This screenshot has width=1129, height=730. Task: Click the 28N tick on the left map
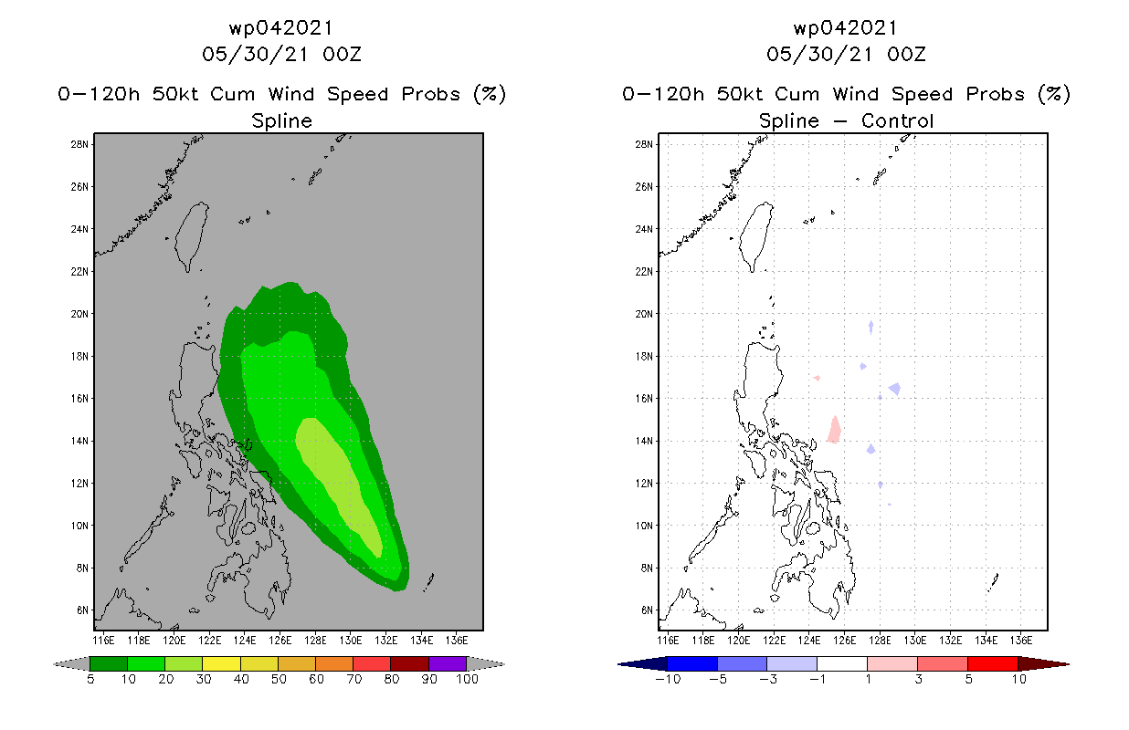[x=80, y=144]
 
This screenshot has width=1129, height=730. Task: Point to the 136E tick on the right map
[x=1019, y=639]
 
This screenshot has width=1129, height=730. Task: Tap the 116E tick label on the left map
[x=103, y=639]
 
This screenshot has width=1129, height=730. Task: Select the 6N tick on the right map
[x=645, y=610]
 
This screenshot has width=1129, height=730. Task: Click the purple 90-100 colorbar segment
[x=448, y=663]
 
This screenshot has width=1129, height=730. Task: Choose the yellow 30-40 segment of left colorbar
[x=221, y=663]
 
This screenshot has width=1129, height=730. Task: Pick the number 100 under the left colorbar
[x=467, y=679]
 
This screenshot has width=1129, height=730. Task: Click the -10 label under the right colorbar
[x=667, y=679]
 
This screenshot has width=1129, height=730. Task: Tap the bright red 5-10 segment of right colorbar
[x=992, y=663]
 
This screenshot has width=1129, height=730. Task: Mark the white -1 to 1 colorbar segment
[x=841, y=663]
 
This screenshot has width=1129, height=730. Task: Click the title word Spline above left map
[x=281, y=120]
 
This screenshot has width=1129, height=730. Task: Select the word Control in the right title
[x=895, y=120]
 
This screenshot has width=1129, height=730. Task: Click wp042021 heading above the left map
[x=281, y=28]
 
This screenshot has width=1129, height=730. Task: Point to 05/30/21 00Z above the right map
[x=846, y=54]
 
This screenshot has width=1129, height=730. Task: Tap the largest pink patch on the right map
[x=834, y=430]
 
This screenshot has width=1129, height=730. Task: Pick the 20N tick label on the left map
[x=80, y=314]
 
